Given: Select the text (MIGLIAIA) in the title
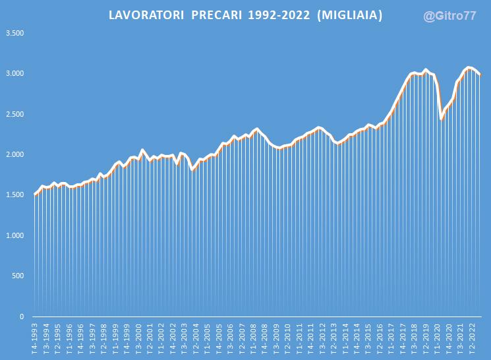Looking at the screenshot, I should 350,15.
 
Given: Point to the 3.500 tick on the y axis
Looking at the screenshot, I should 14,32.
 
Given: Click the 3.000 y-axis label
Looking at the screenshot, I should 14,73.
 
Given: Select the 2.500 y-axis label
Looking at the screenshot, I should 14,114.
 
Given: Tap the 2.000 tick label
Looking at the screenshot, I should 14,154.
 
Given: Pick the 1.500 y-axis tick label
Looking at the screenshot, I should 14,195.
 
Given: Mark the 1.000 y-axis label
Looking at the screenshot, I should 14,235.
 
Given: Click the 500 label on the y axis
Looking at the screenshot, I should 18,276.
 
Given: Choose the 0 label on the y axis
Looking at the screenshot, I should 22,317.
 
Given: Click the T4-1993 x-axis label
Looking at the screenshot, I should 35,338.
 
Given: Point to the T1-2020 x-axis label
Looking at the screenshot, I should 438,338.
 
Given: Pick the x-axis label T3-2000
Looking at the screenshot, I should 138,338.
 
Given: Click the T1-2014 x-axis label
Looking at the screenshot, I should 345,338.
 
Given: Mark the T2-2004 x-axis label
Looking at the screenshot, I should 196,338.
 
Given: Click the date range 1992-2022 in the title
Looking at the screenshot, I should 279,15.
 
